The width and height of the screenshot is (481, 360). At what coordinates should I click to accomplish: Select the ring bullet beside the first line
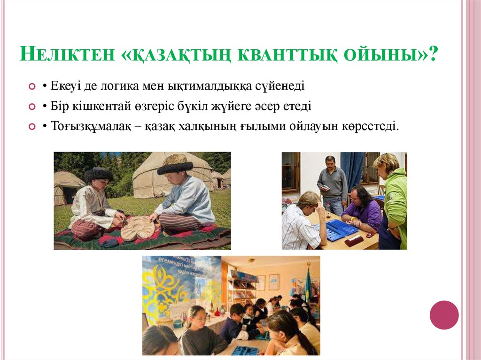(32, 87)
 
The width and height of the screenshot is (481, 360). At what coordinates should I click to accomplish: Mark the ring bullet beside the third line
(32, 127)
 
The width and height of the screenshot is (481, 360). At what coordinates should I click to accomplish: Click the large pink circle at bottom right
(444, 315)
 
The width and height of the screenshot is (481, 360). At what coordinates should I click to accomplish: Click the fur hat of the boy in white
(99, 175)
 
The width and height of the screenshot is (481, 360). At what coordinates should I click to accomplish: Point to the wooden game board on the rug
(138, 228)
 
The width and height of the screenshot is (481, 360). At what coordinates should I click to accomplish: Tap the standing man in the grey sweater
(332, 183)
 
